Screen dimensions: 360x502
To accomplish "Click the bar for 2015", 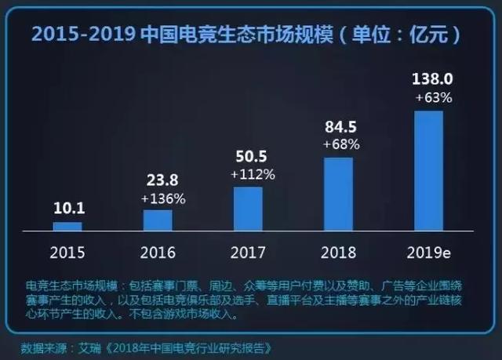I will [67, 226].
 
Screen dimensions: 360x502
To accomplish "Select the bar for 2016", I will [158, 220].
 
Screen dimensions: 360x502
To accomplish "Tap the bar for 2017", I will [248, 209].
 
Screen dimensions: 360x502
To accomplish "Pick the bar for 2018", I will [338, 194].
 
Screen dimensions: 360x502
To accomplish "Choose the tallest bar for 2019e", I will [428, 170].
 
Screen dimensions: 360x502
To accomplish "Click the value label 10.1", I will [68, 208].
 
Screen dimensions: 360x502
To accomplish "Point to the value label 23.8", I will [158, 183].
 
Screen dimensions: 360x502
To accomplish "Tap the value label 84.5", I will [339, 129].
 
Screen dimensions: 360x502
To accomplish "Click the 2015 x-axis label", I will [67, 253].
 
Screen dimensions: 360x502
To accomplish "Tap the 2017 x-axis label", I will [248, 253].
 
